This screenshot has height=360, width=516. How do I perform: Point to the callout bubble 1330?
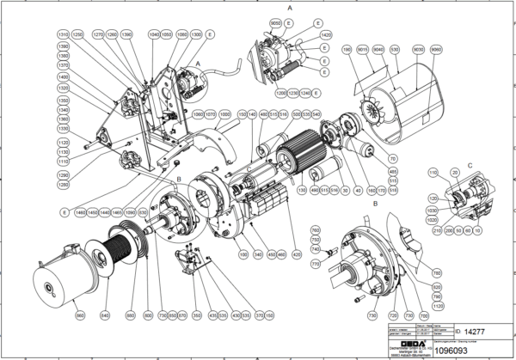62,129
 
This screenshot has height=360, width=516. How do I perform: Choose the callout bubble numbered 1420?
326,35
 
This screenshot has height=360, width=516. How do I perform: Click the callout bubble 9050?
276,20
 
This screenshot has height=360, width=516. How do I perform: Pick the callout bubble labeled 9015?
363,51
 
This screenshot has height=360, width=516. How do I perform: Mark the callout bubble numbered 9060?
434,51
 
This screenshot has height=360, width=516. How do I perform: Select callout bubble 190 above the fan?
347,51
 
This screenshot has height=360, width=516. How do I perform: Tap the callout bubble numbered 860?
80,315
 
